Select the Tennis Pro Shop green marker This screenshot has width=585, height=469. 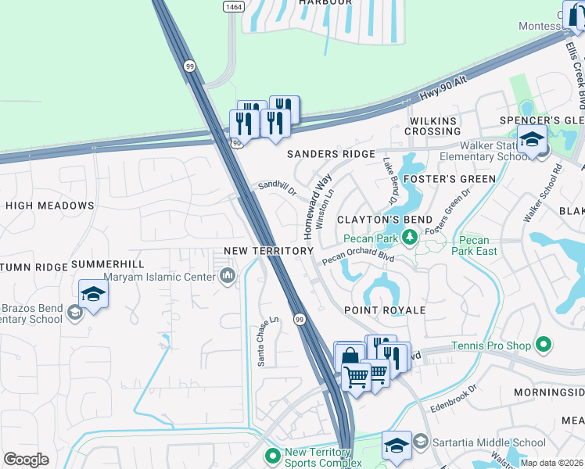[x=545, y=345]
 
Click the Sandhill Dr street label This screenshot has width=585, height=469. [x=278, y=189]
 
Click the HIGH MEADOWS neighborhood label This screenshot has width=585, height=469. [x=50, y=206]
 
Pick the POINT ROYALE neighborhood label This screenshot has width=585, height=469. [x=386, y=310]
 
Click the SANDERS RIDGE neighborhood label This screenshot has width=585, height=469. [x=331, y=155]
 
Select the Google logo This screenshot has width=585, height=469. [x=26, y=459]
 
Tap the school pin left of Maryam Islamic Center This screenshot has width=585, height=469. [x=93, y=295]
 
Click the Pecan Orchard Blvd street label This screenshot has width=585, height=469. [x=357, y=256]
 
